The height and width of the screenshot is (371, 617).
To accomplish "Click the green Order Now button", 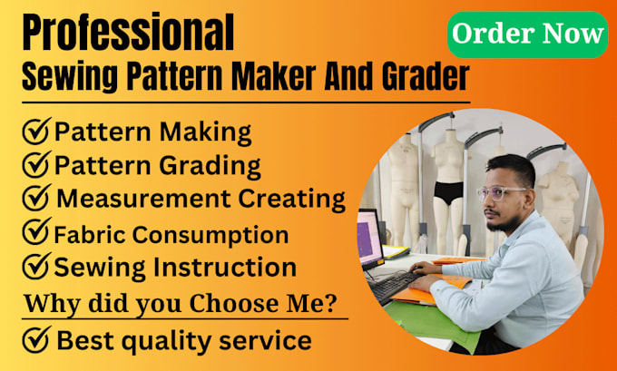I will [526, 34].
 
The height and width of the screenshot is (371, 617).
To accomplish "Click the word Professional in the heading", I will [127, 34].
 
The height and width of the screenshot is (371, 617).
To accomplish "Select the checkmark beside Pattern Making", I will [35, 132].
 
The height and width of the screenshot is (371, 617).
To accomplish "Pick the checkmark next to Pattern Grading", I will [35, 166].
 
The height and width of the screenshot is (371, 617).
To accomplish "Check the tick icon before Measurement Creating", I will [35, 200].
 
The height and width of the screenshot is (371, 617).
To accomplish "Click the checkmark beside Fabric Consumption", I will [35, 234].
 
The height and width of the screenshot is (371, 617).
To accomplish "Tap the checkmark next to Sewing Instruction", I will [35, 268].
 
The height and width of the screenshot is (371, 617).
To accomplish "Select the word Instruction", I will [235, 268].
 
